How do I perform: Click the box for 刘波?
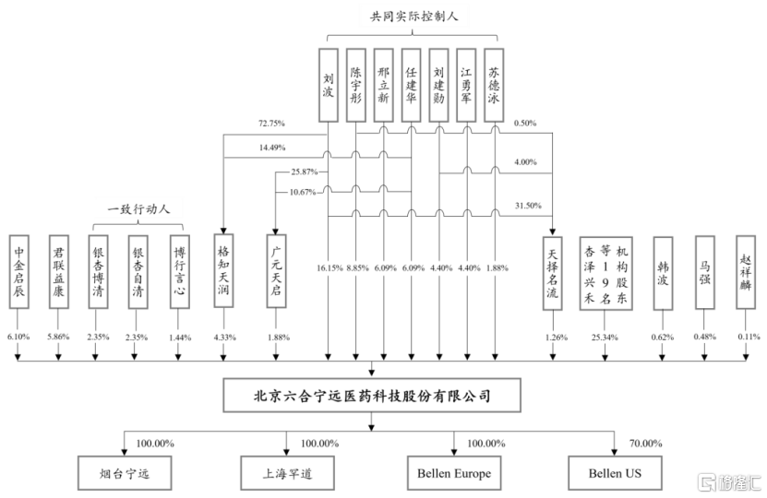329,85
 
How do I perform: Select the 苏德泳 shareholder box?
494,85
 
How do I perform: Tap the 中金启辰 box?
19,272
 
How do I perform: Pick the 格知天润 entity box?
223,271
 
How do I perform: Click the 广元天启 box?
276,271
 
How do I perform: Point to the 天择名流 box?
552,273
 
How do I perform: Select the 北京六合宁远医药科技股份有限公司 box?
372,395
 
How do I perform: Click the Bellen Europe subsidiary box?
454,473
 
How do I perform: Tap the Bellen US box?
615,473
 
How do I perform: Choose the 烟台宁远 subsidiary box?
125,473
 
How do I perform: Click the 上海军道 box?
288,473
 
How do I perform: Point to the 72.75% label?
271,124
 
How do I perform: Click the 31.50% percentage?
528,206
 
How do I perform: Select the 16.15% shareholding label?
330,267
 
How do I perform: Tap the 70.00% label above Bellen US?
646,444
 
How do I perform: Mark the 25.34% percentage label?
605,338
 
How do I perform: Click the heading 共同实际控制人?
413,17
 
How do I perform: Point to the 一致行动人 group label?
138,209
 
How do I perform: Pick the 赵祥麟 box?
746,272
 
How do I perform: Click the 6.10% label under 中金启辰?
18,337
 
